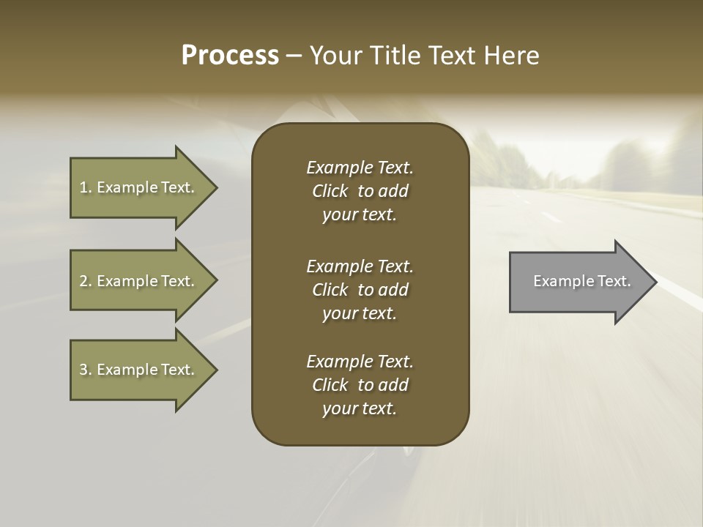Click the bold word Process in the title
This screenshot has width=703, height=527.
tap(230, 56)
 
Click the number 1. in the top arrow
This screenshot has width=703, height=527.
tap(85, 187)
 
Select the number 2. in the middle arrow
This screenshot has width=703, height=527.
tap(85, 281)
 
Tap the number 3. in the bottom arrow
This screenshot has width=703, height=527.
tap(85, 370)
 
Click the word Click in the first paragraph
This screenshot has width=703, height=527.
tap(330, 191)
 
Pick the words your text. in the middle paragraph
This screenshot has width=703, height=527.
tap(360, 313)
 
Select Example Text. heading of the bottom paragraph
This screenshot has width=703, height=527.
tap(360, 362)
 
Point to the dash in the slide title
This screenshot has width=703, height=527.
tap(294, 56)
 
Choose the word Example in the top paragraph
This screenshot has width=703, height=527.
tap(339, 168)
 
